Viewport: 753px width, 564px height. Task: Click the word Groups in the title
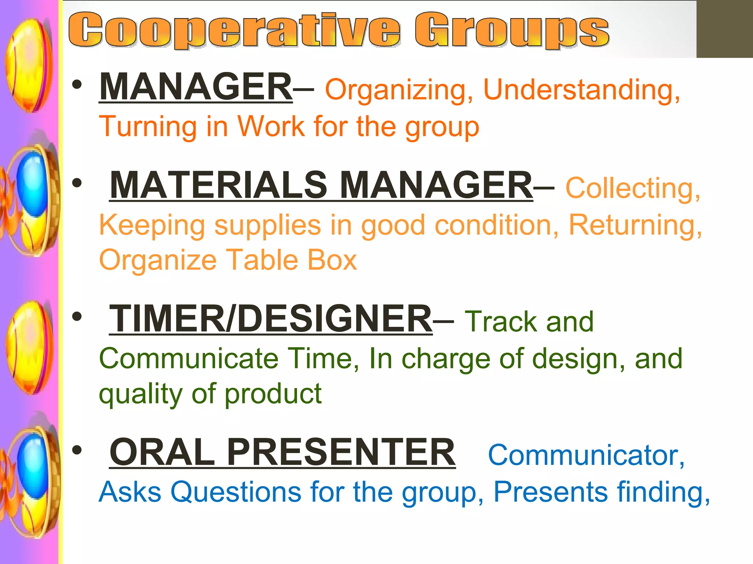coord(512,30)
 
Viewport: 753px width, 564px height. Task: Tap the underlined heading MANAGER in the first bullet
coord(196,87)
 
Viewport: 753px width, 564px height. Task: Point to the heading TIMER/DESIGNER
coord(271,318)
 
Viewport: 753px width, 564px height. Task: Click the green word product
coord(273,394)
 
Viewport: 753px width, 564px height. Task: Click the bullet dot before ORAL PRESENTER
coord(77,450)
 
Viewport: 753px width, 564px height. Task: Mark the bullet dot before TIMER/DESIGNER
coord(77,317)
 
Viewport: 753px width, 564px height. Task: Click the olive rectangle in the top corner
coord(724,29)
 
